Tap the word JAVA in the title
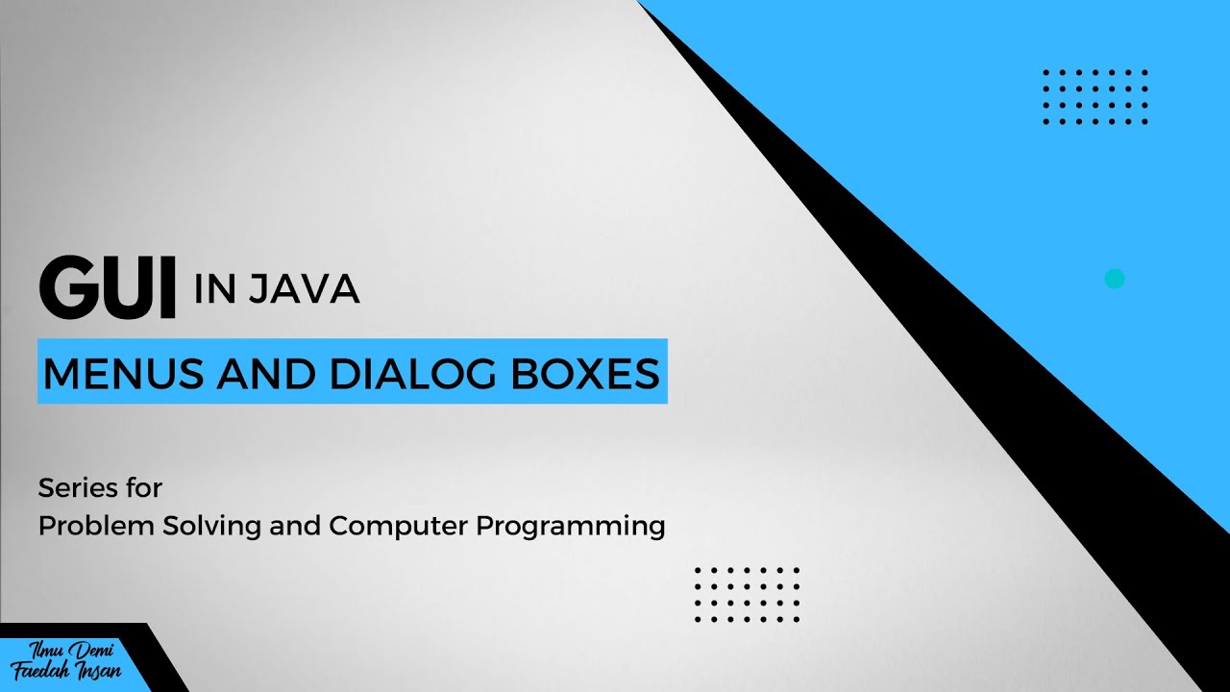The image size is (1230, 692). point(304,289)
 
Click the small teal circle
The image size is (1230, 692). point(1115,279)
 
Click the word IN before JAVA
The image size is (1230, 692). point(214,289)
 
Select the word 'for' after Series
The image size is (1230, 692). point(143,488)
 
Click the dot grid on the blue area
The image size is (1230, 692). point(1095,97)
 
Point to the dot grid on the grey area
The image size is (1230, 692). point(747,595)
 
